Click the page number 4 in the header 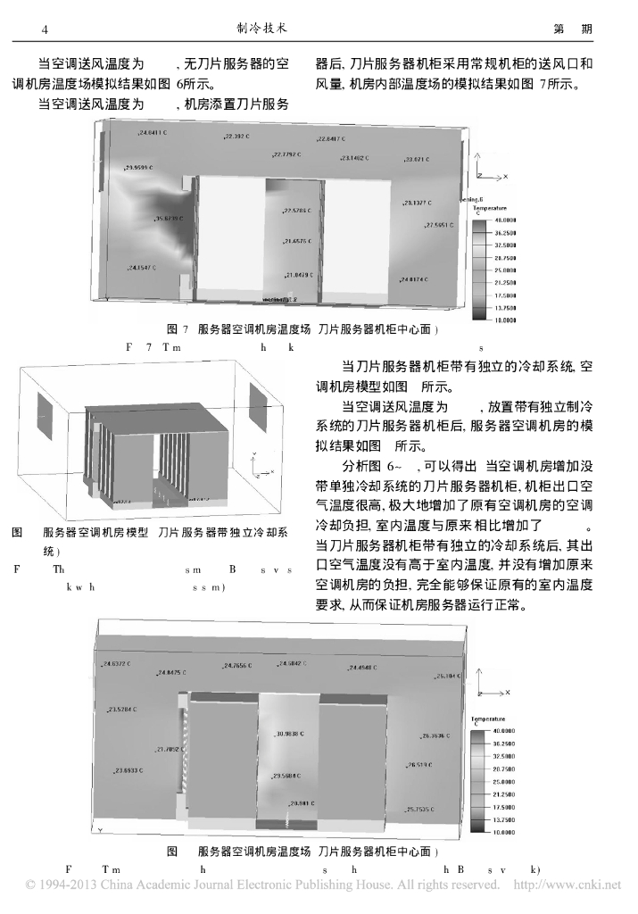coord(45,30)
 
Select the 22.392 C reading coord(238,137)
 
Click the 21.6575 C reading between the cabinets coord(296,241)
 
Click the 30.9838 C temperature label coord(291,734)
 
